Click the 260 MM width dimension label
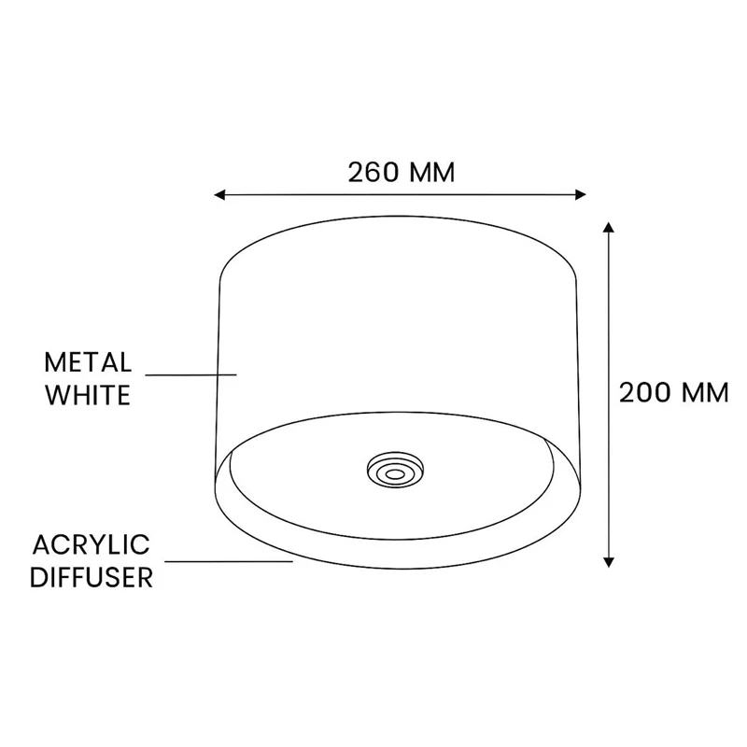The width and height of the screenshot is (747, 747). (402, 173)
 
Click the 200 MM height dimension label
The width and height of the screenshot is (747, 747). (673, 393)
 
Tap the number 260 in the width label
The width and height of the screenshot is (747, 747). (373, 173)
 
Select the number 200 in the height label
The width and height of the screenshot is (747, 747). (645, 393)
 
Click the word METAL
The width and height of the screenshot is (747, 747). (88, 362)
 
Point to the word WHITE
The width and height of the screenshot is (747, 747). (88, 395)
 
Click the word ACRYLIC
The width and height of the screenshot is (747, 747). (91, 545)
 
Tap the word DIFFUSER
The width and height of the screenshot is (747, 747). (92, 577)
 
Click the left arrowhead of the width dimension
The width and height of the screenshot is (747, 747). (219, 194)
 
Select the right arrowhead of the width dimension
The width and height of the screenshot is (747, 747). (581, 194)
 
